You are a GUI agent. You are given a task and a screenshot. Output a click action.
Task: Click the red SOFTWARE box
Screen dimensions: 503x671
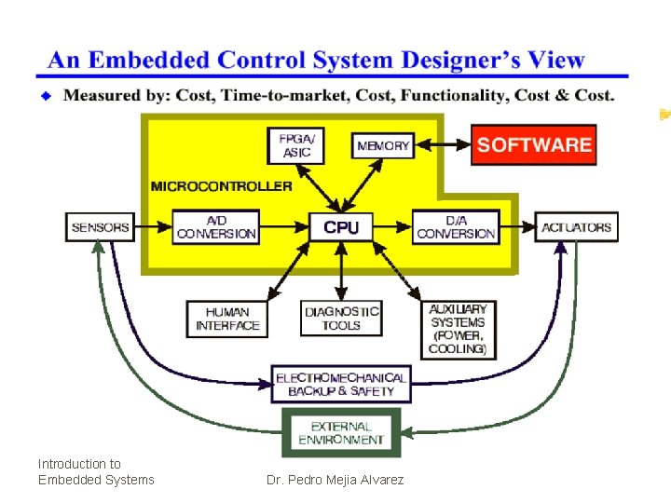533,144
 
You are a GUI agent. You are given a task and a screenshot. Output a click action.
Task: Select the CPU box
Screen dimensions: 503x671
341,226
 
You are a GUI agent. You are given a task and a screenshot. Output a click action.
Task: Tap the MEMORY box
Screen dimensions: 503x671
383,145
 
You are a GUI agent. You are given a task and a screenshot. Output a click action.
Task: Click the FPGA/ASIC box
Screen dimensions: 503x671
297,145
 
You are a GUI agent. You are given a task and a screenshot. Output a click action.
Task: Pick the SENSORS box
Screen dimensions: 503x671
100,226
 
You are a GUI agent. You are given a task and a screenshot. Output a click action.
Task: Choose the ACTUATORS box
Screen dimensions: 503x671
577,226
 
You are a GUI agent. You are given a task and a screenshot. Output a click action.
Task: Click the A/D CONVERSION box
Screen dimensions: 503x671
216,226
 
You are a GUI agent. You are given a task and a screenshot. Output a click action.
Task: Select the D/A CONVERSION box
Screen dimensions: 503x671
456,226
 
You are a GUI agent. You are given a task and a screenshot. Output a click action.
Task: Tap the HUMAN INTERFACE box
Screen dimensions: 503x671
227,319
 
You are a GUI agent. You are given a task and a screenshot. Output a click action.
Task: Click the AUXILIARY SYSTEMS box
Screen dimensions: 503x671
458,329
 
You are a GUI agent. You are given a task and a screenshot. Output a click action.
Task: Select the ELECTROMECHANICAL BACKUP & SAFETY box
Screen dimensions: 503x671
341,384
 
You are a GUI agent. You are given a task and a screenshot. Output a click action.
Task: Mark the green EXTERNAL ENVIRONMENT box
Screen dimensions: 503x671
341,432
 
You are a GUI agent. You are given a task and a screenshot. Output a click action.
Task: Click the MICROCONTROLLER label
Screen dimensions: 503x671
222,185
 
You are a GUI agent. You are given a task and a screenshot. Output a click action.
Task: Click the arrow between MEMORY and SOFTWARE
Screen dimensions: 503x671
441,144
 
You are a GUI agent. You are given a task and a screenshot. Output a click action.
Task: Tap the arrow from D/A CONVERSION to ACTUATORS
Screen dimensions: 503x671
517,226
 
